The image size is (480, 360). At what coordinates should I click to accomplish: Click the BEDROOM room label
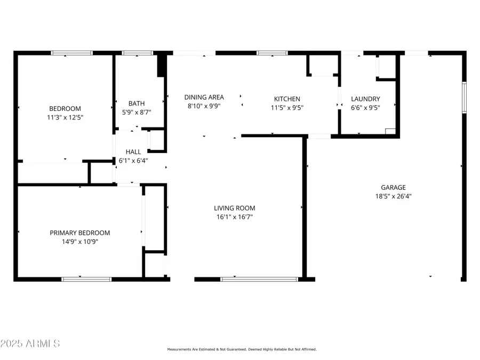(x=65, y=108)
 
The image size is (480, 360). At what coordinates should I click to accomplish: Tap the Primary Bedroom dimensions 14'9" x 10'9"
(x=80, y=242)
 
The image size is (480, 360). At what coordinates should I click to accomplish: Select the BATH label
(x=137, y=103)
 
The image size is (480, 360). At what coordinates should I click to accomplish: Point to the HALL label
(x=133, y=152)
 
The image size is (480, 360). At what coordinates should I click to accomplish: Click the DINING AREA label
(x=204, y=97)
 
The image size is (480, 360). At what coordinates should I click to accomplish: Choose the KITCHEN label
(x=287, y=99)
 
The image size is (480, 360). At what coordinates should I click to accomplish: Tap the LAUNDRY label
(x=365, y=99)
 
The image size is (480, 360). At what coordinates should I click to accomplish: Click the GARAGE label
(x=393, y=187)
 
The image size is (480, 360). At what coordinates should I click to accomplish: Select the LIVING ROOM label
(x=235, y=208)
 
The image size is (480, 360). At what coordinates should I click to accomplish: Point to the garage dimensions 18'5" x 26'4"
(x=393, y=196)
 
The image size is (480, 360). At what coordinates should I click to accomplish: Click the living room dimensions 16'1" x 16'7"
(x=235, y=217)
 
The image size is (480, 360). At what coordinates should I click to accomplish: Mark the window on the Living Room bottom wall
(x=259, y=279)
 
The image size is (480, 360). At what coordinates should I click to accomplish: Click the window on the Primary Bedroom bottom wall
(x=86, y=279)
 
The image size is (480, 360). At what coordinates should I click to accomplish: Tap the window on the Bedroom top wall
(x=72, y=53)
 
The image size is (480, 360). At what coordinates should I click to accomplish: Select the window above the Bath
(x=138, y=53)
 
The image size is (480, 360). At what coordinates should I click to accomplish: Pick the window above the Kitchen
(x=272, y=53)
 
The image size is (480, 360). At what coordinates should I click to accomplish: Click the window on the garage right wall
(x=464, y=97)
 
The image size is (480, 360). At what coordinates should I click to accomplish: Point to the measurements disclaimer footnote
(x=242, y=349)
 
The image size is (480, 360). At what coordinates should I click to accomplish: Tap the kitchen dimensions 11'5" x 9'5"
(x=287, y=107)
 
